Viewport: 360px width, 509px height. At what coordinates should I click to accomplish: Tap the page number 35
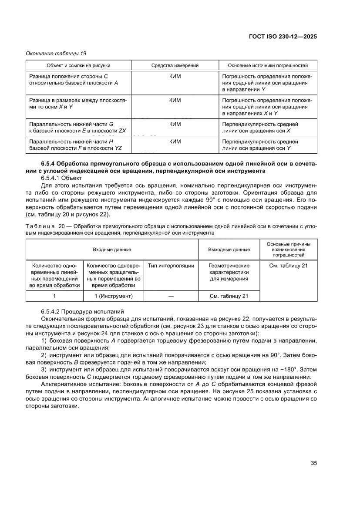click(313, 462)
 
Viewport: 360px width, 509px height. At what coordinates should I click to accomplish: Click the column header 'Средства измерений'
click(175, 65)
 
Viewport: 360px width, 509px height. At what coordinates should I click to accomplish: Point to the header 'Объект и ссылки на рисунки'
click(78, 65)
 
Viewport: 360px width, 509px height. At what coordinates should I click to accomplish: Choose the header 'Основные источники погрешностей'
click(268, 65)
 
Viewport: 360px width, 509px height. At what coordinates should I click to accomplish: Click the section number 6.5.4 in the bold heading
click(48, 164)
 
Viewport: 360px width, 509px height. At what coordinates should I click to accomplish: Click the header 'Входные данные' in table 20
click(111, 249)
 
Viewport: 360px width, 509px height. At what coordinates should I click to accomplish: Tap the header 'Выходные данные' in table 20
click(229, 249)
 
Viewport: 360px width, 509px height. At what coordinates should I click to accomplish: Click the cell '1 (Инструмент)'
click(113, 297)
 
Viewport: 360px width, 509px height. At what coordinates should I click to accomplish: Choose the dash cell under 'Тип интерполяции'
click(171, 297)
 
